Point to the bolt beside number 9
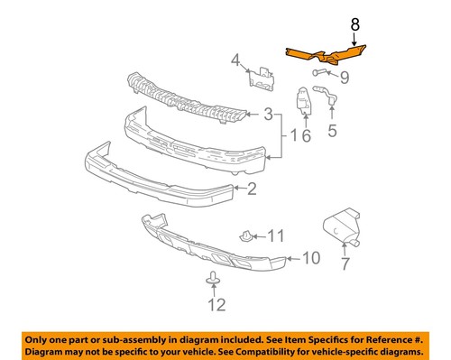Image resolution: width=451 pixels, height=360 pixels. coord(321,71)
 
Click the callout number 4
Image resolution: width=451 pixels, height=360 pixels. coord(236,61)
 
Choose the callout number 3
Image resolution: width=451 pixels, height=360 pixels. coord(267,115)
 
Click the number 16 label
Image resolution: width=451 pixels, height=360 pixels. coord(300,136)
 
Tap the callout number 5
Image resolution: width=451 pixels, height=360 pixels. coord(332,131)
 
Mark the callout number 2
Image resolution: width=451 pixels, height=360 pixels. coord(251,189)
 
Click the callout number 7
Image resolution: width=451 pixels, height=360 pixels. coord(344,264)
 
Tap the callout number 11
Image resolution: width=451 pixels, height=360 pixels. coord(275,237)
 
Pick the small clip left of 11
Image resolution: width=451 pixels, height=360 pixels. coord(245,236)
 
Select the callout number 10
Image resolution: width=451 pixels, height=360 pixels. coord(309,259)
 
